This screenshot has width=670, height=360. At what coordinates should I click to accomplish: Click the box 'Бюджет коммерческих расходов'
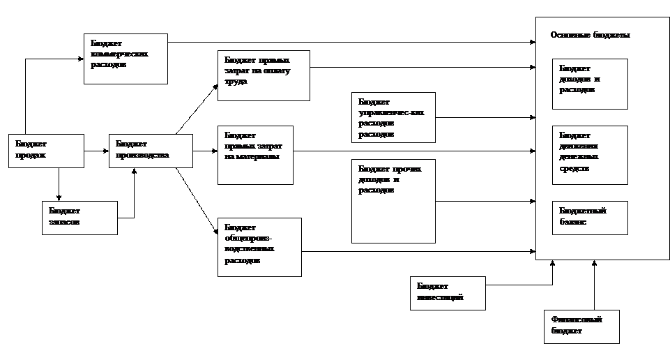click(125, 59)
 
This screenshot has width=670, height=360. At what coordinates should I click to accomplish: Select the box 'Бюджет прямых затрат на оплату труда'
click(263, 75)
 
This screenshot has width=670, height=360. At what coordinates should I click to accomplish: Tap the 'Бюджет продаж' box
click(46, 151)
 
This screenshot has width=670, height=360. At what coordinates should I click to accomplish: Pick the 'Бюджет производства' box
click(150, 151)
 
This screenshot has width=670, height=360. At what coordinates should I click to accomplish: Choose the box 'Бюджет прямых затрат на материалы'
click(255, 155)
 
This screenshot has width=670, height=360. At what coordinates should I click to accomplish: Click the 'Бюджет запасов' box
click(79, 218)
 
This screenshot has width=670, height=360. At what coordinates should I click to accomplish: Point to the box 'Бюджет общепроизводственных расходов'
click(259, 247)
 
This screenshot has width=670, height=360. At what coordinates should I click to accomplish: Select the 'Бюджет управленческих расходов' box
click(393, 117)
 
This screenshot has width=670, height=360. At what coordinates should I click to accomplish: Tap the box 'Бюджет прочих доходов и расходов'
click(393, 201)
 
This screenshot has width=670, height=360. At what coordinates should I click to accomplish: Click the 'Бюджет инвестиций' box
click(448, 293)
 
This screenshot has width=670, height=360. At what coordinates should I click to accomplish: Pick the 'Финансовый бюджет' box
click(581, 327)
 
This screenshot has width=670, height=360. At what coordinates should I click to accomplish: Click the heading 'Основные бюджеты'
click(590, 35)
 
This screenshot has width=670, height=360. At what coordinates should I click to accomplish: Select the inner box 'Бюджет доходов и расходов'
click(590, 84)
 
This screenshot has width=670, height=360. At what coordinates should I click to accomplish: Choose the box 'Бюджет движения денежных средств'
click(590, 155)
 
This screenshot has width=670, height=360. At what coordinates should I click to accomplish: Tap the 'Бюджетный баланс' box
click(590, 218)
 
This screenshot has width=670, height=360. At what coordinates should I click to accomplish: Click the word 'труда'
click(236, 81)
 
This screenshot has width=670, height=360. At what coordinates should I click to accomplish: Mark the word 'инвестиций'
click(440, 299)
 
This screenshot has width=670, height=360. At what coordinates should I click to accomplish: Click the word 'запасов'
click(64, 223)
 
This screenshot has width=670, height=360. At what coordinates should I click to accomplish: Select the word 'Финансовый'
click(576, 320)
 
